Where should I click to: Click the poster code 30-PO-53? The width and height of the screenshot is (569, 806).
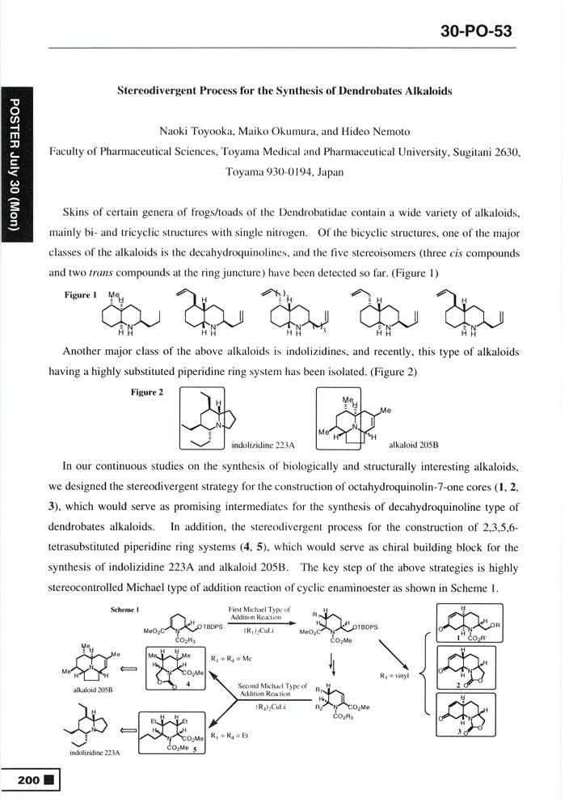click(x=477, y=32)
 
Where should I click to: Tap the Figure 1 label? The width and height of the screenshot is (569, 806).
click(x=79, y=295)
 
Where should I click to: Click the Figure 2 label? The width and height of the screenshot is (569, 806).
click(x=146, y=393)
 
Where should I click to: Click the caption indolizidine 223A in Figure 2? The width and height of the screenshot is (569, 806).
click(x=261, y=445)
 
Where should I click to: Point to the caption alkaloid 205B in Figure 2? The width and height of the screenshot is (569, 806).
click(x=414, y=445)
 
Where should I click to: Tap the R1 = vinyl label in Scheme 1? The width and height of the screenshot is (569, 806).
click(x=394, y=676)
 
